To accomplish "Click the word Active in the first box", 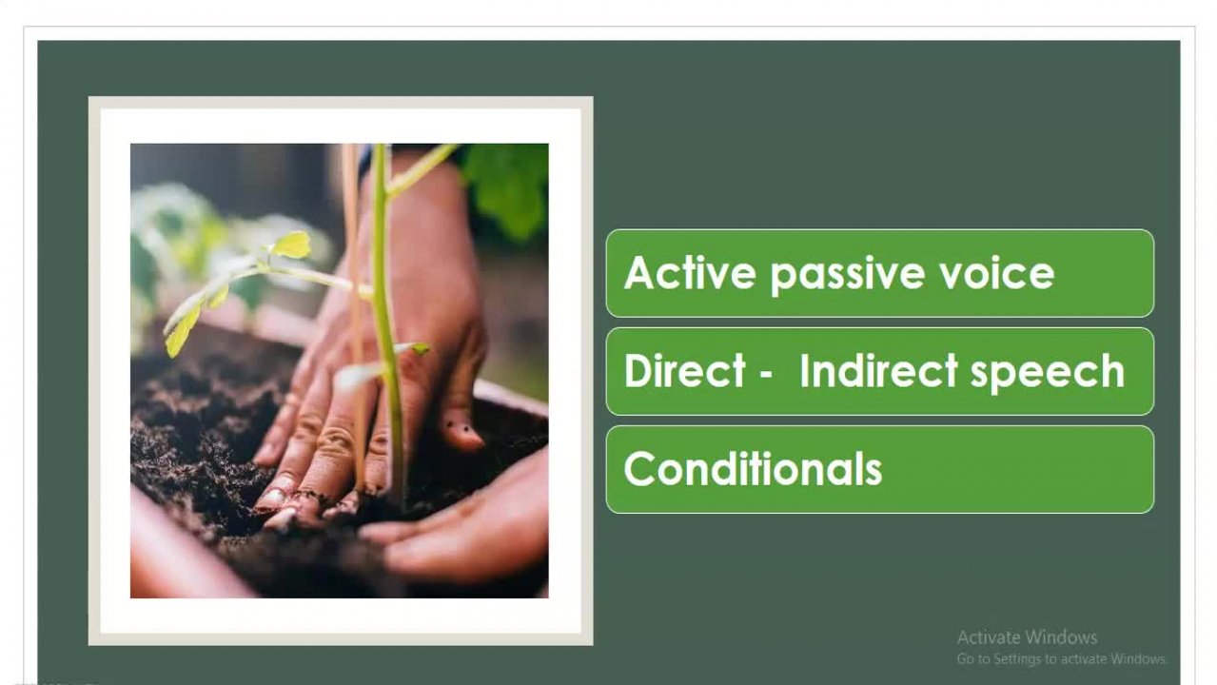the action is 690,272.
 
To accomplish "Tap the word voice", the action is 997,273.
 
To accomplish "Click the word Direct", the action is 684,370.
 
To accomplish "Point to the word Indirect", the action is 878,370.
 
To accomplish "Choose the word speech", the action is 1048,374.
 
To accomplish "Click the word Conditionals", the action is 753,468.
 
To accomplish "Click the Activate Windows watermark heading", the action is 1027,637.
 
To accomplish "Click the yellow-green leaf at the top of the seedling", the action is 292,245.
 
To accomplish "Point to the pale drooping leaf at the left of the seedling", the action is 183,328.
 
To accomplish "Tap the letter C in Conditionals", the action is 639,468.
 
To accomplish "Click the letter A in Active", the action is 639,272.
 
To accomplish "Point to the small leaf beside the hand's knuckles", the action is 418,348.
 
